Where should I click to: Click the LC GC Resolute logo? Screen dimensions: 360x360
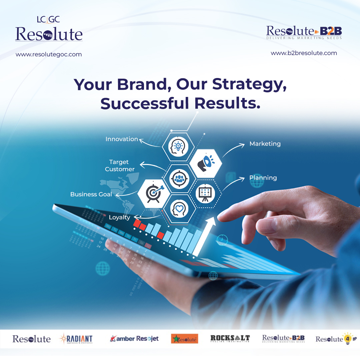pos(49,29)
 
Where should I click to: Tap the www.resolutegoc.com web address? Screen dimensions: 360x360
pos(49,54)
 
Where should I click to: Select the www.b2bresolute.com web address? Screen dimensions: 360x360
pos(304,53)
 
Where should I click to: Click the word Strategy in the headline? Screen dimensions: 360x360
pos(249,84)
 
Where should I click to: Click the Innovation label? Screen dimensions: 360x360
pos(122,139)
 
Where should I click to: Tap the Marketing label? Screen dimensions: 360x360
pos(265,144)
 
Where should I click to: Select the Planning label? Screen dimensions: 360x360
pos(263,178)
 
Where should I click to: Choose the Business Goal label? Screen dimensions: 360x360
pos(91,194)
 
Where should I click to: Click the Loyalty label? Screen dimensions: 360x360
pos(119,217)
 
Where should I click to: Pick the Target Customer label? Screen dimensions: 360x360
pos(120,165)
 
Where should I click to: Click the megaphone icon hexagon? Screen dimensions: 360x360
pos(205,162)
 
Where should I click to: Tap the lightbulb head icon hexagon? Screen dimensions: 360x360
pos(179,146)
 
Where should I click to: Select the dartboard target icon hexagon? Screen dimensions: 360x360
pos(154,193)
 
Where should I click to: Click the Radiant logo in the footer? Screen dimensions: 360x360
pos(76,339)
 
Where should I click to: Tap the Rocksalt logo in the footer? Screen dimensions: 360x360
pos(230,339)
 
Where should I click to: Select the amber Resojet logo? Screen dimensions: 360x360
pos(134,339)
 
